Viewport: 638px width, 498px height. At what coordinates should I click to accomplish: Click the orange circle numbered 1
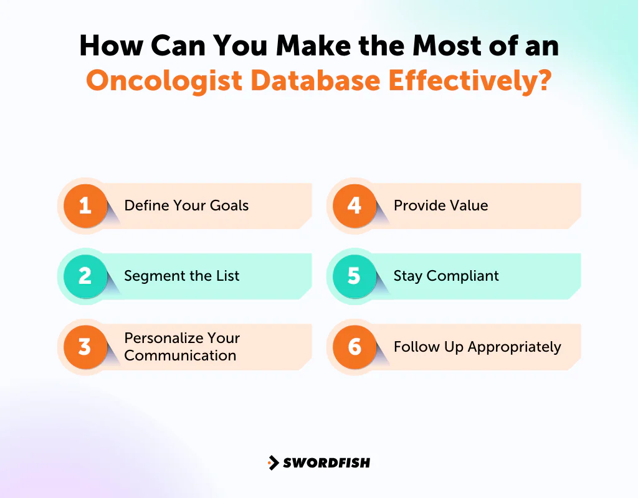click(85, 205)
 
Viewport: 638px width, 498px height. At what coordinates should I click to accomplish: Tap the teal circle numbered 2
click(85, 276)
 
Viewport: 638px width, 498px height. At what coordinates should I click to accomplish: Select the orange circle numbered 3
click(85, 347)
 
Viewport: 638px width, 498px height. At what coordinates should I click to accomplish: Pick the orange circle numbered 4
click(355, 205)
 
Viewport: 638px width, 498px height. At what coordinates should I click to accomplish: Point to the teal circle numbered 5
click(355, 276)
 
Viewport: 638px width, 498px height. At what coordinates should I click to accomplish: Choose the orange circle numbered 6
click(355, 347)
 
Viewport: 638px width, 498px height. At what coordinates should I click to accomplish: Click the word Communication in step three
click(180, 355)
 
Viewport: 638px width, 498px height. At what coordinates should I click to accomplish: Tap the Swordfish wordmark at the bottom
click(326, 463)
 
